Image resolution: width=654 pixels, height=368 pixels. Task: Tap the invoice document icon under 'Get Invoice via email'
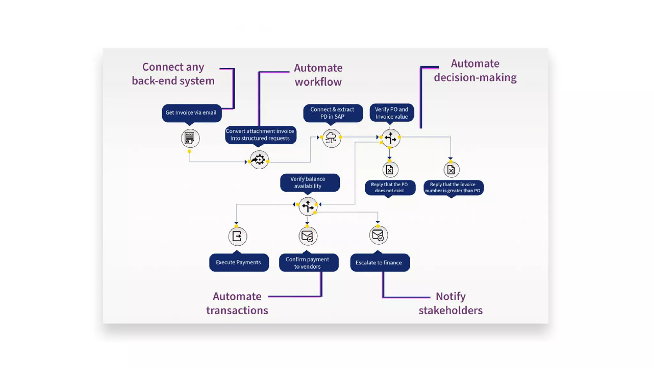point(190,138)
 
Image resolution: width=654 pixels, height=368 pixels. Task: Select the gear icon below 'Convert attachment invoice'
point(259,160)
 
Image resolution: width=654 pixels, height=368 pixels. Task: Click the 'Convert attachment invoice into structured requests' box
point(260,135)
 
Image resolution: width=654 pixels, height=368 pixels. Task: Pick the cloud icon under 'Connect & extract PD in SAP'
point(331,138)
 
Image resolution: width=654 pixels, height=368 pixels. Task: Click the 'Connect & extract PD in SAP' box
point(332,113)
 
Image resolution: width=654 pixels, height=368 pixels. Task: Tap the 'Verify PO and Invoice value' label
point(392,113)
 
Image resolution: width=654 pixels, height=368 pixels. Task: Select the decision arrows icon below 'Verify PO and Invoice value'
point(390,138)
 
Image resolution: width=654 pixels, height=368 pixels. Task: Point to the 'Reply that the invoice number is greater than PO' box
point(453,188)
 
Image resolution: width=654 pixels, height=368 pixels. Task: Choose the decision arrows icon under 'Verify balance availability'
point(308,206)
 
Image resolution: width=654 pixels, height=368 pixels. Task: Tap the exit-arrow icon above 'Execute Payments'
point(237,236)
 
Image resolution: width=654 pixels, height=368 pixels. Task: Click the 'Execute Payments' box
point(239,262)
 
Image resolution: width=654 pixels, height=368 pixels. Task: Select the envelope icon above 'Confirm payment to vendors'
point(308,236)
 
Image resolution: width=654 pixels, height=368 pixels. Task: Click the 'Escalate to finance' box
point(379,263)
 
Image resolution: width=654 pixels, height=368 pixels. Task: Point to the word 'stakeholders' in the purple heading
point(450,310)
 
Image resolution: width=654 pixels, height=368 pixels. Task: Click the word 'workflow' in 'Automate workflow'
point(318,82)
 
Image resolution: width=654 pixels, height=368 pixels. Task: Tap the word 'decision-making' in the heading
point(475,78)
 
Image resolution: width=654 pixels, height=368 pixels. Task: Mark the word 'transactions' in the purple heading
point(237,310)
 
